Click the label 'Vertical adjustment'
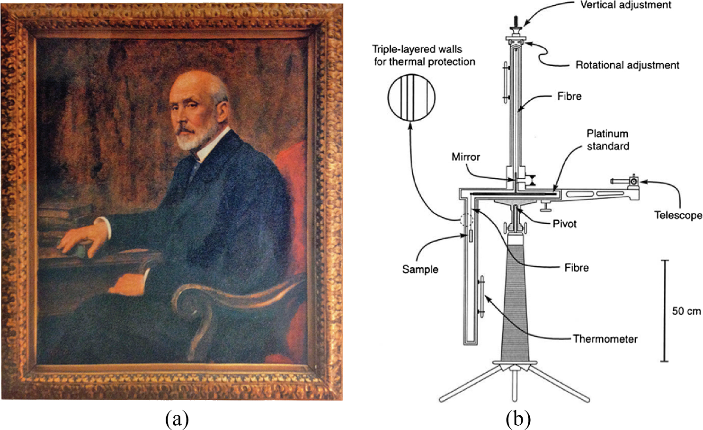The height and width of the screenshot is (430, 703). [625, 5]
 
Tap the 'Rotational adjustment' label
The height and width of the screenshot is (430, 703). [627, 65]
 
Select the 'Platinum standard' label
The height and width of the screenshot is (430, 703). [607, 140]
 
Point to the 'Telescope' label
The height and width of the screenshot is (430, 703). [678, 216]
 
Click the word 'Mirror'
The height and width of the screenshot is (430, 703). [465, 157]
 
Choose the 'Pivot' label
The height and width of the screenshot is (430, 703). [564, 224]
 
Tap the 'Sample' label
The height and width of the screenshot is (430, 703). [420, 270]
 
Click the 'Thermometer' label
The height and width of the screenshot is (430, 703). [605, 339]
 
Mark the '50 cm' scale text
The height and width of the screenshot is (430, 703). [686, 311]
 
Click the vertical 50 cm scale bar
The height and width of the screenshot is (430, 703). [664, 311]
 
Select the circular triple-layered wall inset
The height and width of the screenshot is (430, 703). [411, 97]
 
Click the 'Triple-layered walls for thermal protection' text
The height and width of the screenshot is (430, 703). [424, 55]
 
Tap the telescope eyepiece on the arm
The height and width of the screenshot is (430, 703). [633, 181]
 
